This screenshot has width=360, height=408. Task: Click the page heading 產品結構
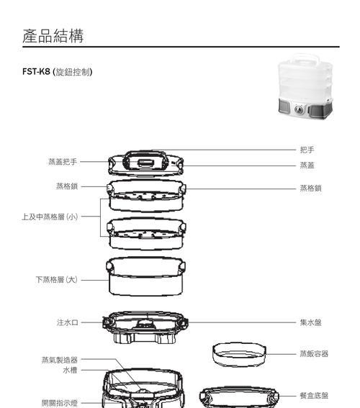[x=53, y=36]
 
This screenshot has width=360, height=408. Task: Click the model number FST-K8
[x=36, y=71]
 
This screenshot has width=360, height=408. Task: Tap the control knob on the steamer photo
[x=299, y=109]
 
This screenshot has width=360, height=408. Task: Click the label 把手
[x=307, y=150]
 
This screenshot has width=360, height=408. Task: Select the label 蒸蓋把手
[x=63, y=162]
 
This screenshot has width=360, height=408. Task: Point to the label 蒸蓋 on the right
[x=307, y=166]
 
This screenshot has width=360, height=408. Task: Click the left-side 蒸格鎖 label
[x=67, y=186]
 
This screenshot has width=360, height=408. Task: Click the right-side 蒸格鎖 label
[x=310, y=188]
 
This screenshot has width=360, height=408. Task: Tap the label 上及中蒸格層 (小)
[x=50, y=217]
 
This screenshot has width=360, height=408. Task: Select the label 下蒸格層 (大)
[x=57, y=280]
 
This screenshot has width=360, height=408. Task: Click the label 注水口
[x=68, y=322]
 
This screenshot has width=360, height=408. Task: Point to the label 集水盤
[x=310, y=322]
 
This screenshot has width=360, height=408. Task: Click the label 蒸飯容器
[x=314, y=353]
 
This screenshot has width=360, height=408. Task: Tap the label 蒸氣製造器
[x=60, y=360]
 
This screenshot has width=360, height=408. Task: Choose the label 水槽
[x=71, y=370]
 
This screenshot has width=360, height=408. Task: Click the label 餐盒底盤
[x=314, y=396]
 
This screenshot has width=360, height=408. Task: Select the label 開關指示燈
[x=60, y=403]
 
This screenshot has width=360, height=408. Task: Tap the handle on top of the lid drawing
[x=145, y=153]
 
